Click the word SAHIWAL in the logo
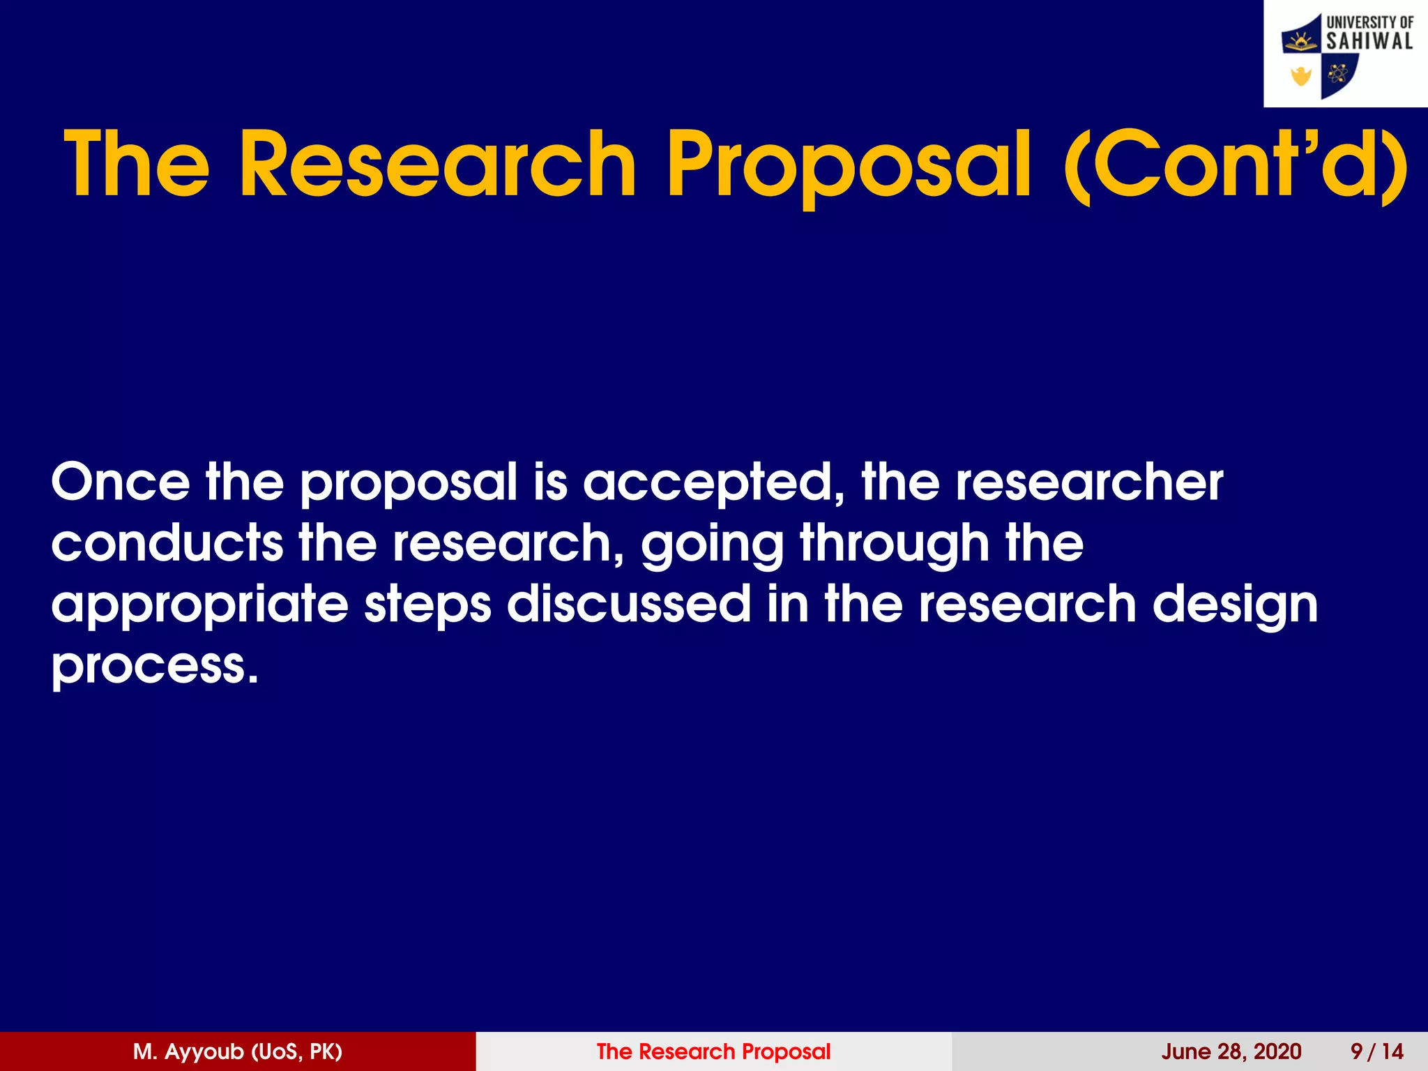pos(1369,42)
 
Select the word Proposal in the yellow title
pos(848,165)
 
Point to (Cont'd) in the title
pos(1235,165)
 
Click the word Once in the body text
pos(120,482)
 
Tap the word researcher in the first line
pos(1088,482)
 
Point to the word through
pos(895,544)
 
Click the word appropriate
pos(199,605)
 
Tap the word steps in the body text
pos(427,605)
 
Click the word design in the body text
pos(1235,605)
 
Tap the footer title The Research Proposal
pos(713,1051)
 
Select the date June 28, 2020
pos(1231,1051)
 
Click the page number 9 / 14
pos(1376,1051)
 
